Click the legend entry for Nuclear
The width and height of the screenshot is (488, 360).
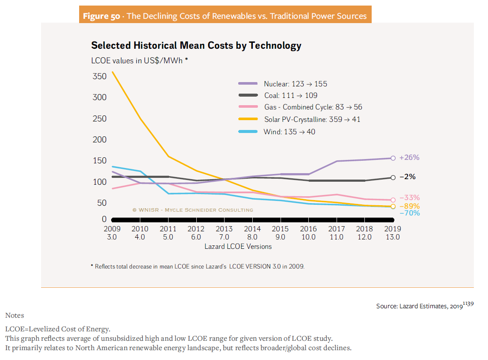coord(295,84)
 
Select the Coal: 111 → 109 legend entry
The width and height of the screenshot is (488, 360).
coord(290,96)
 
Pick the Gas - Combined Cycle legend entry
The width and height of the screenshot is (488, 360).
coord(313,107)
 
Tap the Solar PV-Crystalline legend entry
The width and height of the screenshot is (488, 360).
coord(312,119)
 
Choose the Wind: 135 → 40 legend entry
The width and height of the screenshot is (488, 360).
coord(289,132)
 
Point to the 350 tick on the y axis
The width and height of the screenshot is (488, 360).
coord(99,77)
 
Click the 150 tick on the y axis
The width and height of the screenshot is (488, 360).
coord(99,161)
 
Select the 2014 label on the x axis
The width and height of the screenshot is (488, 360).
coord(252,229)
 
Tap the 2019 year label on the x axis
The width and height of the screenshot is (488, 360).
coord(392,229)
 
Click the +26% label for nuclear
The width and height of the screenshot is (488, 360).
coord(409,158)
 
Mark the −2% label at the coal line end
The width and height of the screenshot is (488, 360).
coord(407,177)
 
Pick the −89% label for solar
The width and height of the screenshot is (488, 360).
coord(409,206)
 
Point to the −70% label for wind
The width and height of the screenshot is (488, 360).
coord(409,213)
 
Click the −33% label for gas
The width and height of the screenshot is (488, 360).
coord(409,198)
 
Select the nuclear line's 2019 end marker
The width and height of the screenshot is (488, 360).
coord(393,158)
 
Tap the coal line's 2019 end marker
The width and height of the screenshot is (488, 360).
coord(393,177)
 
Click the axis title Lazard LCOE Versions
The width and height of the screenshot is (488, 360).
coord(238,247)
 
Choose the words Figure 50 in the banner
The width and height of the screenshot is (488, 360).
coord(101,16)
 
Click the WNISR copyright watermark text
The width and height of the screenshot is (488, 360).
coord(192,210)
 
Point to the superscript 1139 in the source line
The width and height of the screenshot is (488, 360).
coord(469,304)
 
